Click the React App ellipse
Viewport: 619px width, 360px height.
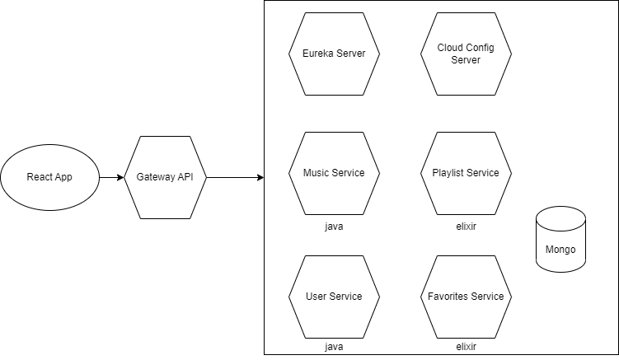tap(49, 177)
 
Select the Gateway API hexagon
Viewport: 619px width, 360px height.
tap(164, 177)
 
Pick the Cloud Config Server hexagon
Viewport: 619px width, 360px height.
tap(466, 54)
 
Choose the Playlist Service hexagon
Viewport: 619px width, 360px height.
tap(466, 173)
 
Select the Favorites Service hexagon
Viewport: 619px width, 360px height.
tap(466, 297)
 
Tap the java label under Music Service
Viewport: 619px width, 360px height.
tap(334, 225)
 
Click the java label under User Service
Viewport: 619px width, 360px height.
tap(334, 347)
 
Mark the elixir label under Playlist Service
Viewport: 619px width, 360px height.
tap(466, 225)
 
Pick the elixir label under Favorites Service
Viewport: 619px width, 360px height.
tap(466, 347)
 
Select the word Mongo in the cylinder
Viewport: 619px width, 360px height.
tap(560, 250)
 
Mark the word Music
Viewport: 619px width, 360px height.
tap(317, 173)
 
